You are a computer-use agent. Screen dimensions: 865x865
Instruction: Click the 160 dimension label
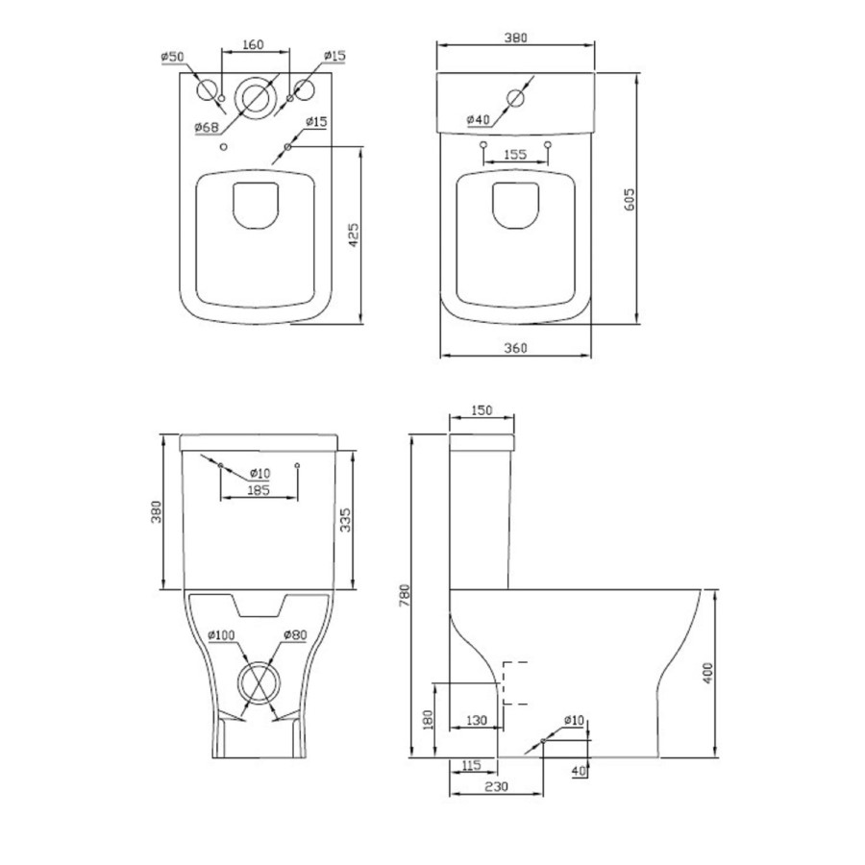[254, 44]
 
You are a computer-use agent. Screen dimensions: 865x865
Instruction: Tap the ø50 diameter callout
[172, 58]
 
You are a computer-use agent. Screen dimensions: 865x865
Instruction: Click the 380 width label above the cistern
[515, 37]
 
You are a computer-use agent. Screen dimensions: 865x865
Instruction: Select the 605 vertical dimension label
[630, 199]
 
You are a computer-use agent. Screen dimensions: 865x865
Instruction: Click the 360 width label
[515, 348]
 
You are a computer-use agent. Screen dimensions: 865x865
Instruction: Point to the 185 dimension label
[257, 490]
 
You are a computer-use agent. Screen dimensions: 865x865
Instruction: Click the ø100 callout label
[222, 634]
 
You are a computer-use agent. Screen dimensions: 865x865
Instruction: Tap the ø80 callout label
[294, 634]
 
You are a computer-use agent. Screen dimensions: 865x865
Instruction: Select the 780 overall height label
[405, 597]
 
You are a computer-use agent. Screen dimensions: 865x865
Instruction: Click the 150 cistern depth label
[482, 410]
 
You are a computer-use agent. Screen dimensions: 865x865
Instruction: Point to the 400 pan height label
[708, 672]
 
